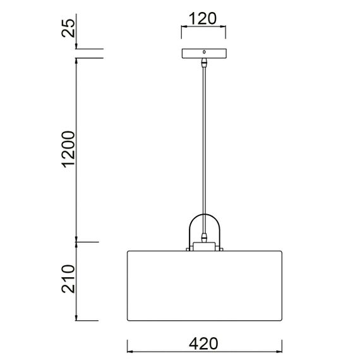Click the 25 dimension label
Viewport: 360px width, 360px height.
pyautogui.click(x=69, y=28)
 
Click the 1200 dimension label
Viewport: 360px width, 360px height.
pyautogui.click(x=69, y=150)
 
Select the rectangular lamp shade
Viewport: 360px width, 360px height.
pyautogui.click(x=203, y=284)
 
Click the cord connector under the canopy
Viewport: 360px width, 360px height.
pyautogui.click(x=203, y=63)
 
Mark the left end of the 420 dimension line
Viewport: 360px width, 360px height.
pyautogui.click(x=128, y=345)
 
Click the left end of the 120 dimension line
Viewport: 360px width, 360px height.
pyautogui.click(x=182, y=27)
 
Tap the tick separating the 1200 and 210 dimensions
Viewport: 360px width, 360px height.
pyautogui.click(x=76, y=241)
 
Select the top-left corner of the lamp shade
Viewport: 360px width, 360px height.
pyautogui.click(x=129, y=251)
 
